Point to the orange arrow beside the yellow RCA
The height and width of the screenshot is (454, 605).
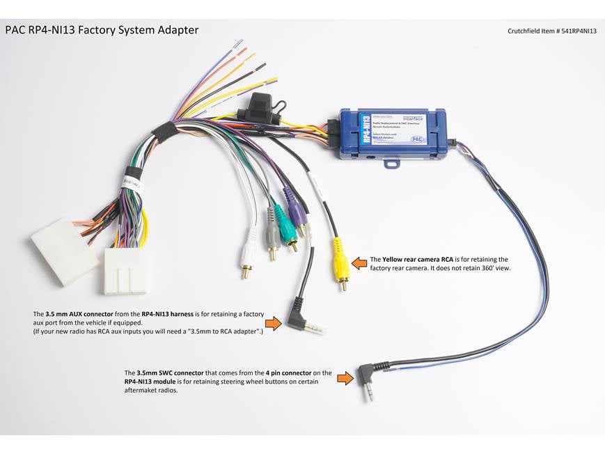click(359, 263)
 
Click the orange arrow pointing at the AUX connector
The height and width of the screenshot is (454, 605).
click(274, 323)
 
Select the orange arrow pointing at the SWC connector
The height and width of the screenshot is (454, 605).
click(345, 378)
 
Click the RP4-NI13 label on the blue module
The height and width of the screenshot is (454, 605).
click(366, 129)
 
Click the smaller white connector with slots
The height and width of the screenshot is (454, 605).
click(125, 271)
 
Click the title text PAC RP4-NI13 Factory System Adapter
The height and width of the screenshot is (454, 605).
click(102, 30)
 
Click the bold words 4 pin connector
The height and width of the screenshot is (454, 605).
click(286, 373)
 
